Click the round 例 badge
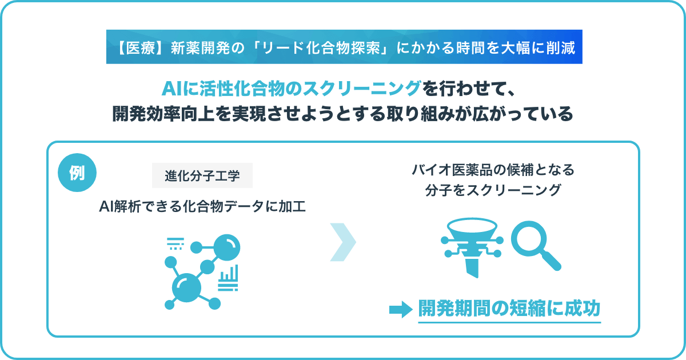point(77,173)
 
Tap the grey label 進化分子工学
point(202,175)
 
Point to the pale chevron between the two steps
point(343,242)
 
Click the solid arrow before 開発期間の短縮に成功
point(401,310)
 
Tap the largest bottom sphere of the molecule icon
point(186,288)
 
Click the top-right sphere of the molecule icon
point(226,247)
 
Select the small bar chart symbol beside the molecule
point(228,278)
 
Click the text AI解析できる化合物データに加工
point(202,207)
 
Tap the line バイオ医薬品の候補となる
point(493,170)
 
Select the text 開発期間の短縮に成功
point(509,308)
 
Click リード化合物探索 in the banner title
point(321,48)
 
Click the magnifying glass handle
point(551,260)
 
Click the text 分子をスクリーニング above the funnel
point(493,190)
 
